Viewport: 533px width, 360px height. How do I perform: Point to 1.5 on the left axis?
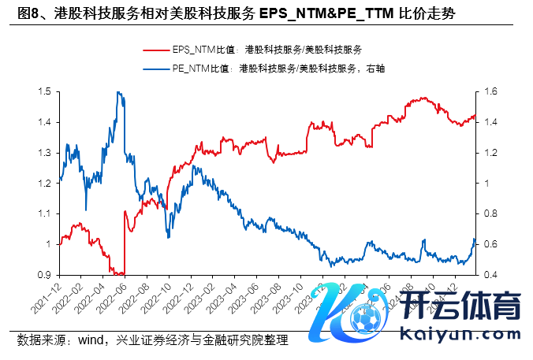click(x=44, y=92)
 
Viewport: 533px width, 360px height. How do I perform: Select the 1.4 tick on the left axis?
click(x=44, y=122)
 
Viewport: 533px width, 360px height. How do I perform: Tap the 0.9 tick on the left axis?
click(x=44, y=275)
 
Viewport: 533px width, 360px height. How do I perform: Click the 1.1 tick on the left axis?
click(x=44, y=214)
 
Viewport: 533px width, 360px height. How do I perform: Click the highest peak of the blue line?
click(x=118, y=92)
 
